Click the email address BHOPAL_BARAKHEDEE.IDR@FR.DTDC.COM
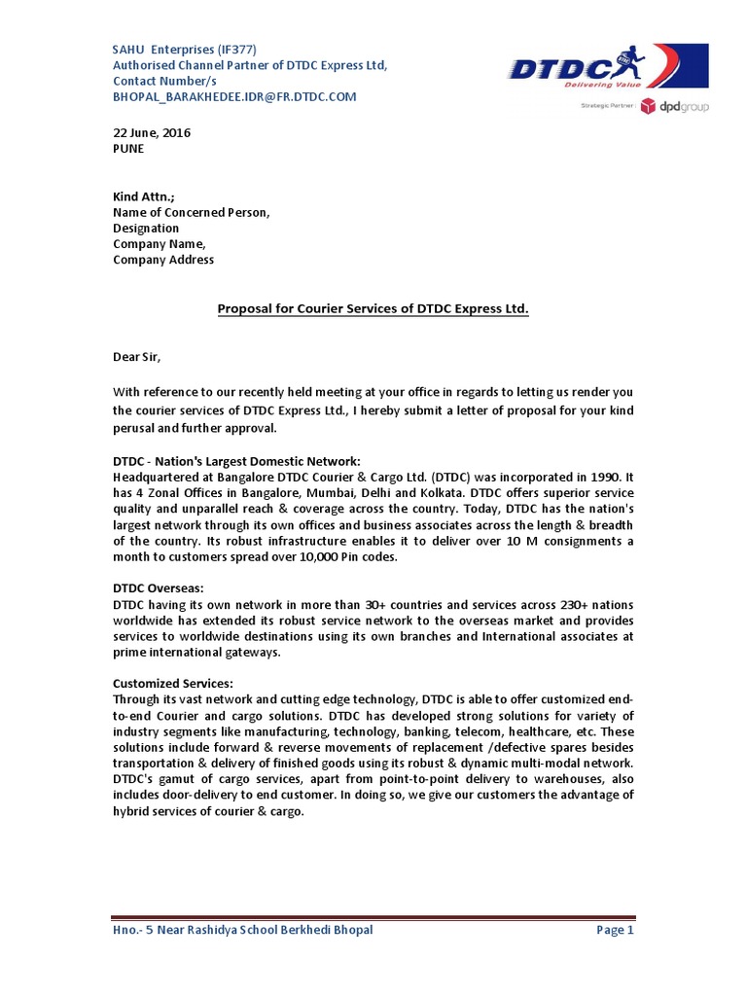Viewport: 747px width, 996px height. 234,96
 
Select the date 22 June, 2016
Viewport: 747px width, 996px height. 152,133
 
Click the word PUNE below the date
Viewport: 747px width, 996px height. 128,149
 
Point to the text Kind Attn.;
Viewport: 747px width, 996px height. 144,196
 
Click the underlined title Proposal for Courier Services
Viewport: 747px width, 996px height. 373,309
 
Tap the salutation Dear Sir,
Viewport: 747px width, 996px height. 140,357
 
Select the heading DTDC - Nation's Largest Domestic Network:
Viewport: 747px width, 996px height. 236,460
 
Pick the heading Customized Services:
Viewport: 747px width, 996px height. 173,683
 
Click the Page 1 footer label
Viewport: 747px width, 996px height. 615,930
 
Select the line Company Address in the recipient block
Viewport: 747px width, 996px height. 163,260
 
